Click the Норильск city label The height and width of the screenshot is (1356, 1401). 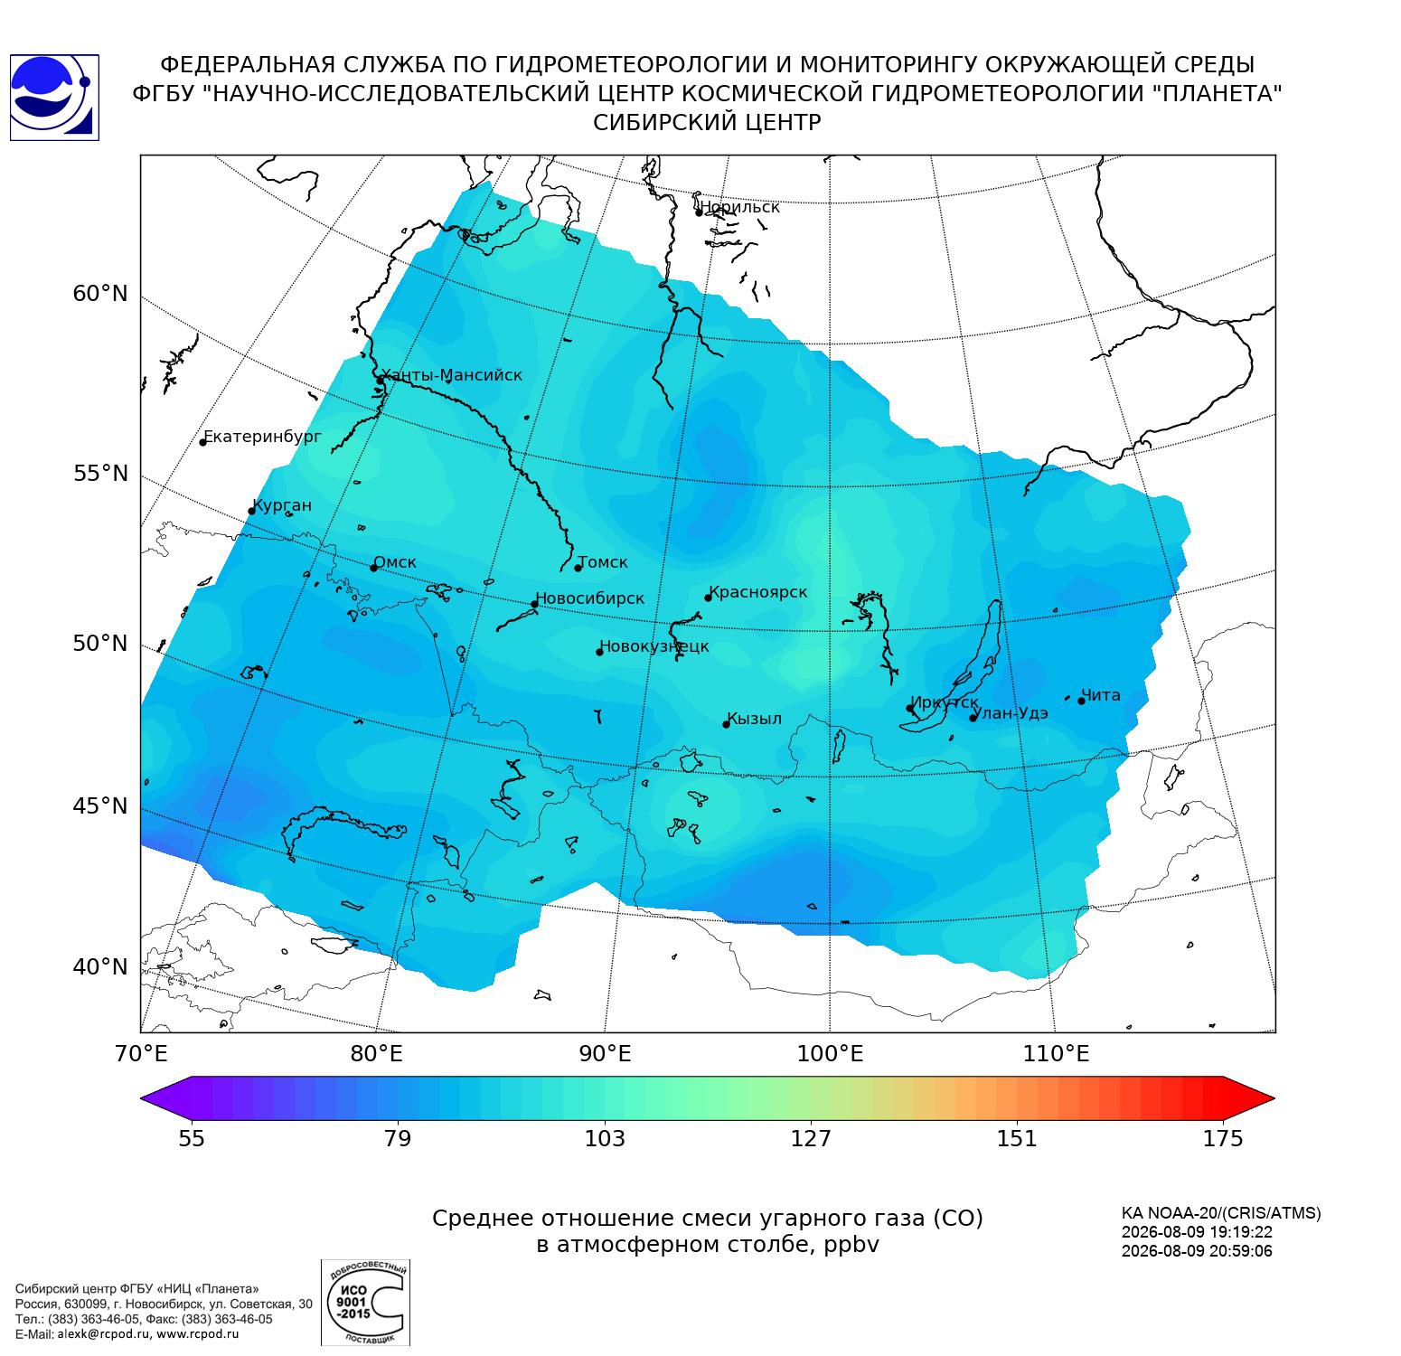(739, 207)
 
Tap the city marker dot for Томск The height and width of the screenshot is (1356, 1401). (578, 568)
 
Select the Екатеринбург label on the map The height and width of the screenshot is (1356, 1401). (263, 438)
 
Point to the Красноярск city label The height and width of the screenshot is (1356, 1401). (758, 593)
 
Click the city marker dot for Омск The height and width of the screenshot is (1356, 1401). (374, 568)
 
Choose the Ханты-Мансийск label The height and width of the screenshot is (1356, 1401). (452, 375)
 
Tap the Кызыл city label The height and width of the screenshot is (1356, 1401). (755, 720)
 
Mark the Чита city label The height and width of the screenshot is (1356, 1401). (1101, 695)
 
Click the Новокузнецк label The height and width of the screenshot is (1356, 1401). (654, 647)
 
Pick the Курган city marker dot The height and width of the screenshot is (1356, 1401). (252, 512)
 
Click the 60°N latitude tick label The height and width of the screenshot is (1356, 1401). (100, 294)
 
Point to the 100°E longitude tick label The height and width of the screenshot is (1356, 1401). (831, 1054)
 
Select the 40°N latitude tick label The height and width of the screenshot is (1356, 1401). (100, 967)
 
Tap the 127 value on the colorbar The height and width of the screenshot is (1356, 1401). (811, 1138)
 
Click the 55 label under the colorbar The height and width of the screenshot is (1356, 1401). (192, 1138)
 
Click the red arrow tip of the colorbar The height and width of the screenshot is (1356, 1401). (1274, 1099)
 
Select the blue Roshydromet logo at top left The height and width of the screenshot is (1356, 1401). (53, 98)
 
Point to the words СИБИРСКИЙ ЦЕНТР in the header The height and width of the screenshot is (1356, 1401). (707, 123)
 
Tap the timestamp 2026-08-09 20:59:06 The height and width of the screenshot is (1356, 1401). (1197, 1251)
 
